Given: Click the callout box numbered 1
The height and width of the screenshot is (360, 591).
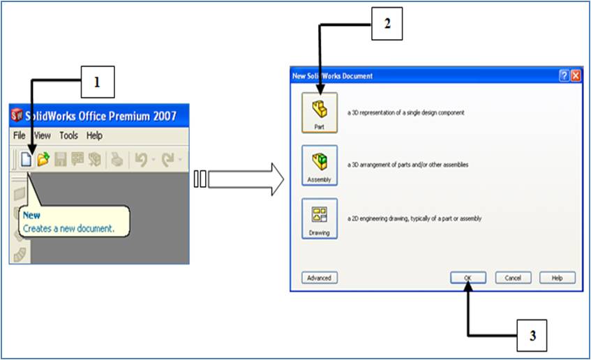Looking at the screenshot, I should pyautogui.click(x=97, y=82).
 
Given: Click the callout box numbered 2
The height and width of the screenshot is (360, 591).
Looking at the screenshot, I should pyautogui.click(x=387, y=24).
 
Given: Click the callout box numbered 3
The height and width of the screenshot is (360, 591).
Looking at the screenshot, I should pyautogui.click(x=532, y=335).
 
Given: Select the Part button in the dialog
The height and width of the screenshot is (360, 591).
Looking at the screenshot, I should pyautogui.click(x=320, y=112).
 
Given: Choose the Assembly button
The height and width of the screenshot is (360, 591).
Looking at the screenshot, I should pyautogui.click(x=320, y=165).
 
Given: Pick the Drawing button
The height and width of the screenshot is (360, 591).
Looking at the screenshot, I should pyautogui.click(x=320, y=218).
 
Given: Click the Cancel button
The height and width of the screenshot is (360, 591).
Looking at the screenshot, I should pyautogui.click(x=513, y=278).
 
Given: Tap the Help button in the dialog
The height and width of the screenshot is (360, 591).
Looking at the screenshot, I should pyautogui.click(x=557, y=278).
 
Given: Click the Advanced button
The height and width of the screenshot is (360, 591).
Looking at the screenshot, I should pyautogui.click(x=319, y=278).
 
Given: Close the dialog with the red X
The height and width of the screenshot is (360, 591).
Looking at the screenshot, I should pyautogui.click(x=576, y=76).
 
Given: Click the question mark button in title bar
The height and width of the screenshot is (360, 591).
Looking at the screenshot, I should pyautogui.click(x=564, y=76).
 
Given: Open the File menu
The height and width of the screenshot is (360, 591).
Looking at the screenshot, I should pyautogui.click(x=19, y=136).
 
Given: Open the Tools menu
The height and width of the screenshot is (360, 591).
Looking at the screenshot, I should pyautogui.click(x=68, y=136).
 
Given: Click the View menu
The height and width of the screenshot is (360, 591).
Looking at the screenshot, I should pyautogui.click(x=42, y=136).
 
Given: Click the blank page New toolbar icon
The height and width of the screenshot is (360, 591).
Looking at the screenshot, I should pyautogui.click(x=26, y=160).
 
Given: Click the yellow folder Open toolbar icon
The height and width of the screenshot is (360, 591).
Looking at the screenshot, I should pyautogui.click(x=43, y=160).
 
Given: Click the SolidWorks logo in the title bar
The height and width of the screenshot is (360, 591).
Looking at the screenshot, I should pyautogui.click(x=17, y=115).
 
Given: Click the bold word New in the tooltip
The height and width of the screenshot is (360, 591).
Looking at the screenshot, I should pyautogui.click(x=31, y=216).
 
